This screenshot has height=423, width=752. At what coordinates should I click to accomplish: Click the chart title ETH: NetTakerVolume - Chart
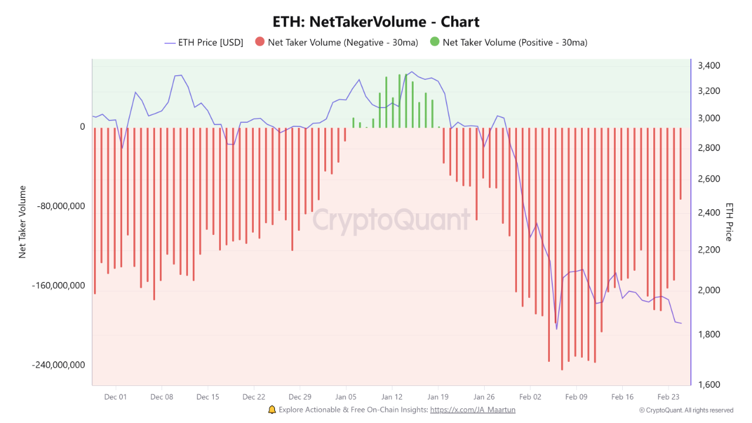click(376, 22)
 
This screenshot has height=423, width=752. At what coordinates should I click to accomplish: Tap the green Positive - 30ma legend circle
click(434, 42)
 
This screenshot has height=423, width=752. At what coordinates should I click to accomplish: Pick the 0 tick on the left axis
click(82, 127)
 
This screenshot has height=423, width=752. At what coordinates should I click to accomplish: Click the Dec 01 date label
click(116, 397)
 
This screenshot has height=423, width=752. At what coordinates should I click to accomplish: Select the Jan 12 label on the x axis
click(392, 397)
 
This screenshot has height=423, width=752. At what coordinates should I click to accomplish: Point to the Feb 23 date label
click(668, 397)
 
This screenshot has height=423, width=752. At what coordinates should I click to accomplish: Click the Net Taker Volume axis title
click(23, 221)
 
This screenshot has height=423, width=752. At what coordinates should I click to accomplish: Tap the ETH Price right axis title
click(729, 221)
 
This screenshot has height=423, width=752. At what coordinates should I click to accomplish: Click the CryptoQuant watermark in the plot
click(391, 220)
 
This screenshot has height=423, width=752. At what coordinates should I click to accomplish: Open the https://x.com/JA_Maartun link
click(472, 410)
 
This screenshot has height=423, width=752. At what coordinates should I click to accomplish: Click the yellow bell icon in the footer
click(271, 409)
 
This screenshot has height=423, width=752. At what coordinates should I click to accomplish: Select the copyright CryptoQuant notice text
click(686, 411)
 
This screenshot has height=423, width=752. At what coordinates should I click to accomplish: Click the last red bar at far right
click(680, 163)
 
